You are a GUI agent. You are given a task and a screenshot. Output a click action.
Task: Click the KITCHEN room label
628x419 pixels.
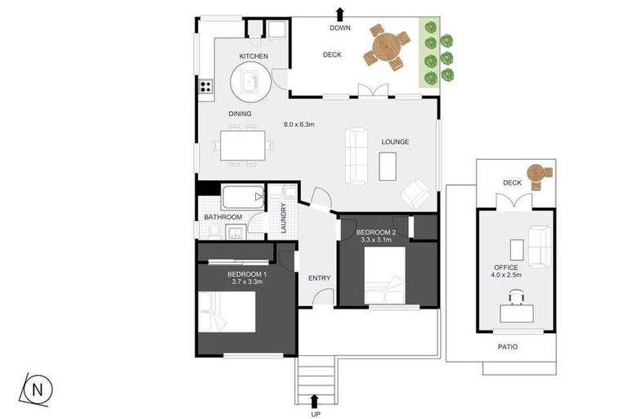(x=253, y=56)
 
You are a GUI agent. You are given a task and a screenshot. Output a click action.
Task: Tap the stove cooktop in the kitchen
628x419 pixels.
(x=206, y=86)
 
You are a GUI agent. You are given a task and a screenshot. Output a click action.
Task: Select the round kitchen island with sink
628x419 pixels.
(x=251, y=83)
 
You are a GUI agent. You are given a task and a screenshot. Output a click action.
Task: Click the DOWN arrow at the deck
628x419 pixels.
(x=340, y=14)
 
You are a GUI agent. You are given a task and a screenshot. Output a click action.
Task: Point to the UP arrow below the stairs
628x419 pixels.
(x=315, y=401)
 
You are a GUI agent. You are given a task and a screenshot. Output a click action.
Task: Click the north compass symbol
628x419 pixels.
(x=37, y=390)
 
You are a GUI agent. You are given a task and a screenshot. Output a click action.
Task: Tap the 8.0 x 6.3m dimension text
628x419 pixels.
(x=298, y=124)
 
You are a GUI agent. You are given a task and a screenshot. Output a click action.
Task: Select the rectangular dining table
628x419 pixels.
(x=243, y=145)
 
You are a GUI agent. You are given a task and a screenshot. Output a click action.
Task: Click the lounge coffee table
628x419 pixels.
(x=388, y=166)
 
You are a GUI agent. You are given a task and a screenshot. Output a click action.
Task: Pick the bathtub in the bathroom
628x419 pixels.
(x=243, y=197)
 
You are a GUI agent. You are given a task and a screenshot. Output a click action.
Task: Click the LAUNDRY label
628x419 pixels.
(x=284, y=219)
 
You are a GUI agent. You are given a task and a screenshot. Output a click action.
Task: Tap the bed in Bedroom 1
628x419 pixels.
(x=227, y=312)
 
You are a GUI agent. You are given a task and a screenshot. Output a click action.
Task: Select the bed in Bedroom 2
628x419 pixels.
(x=385, y=275)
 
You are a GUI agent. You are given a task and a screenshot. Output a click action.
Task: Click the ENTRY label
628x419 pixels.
(x=319, y=278)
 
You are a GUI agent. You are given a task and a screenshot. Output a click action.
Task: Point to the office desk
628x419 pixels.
(x=517, y=313)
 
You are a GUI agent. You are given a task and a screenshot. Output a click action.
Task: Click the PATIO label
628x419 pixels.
(x=508, y=347)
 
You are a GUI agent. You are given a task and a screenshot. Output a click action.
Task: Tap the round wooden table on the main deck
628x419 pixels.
(x=387, y=47)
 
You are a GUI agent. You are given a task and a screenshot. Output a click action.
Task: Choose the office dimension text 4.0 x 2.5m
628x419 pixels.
(x=506, y=275)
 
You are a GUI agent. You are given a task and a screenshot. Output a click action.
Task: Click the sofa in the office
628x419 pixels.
(x=540, y=246)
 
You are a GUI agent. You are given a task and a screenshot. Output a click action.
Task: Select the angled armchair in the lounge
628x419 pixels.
(x=416, y=193)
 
